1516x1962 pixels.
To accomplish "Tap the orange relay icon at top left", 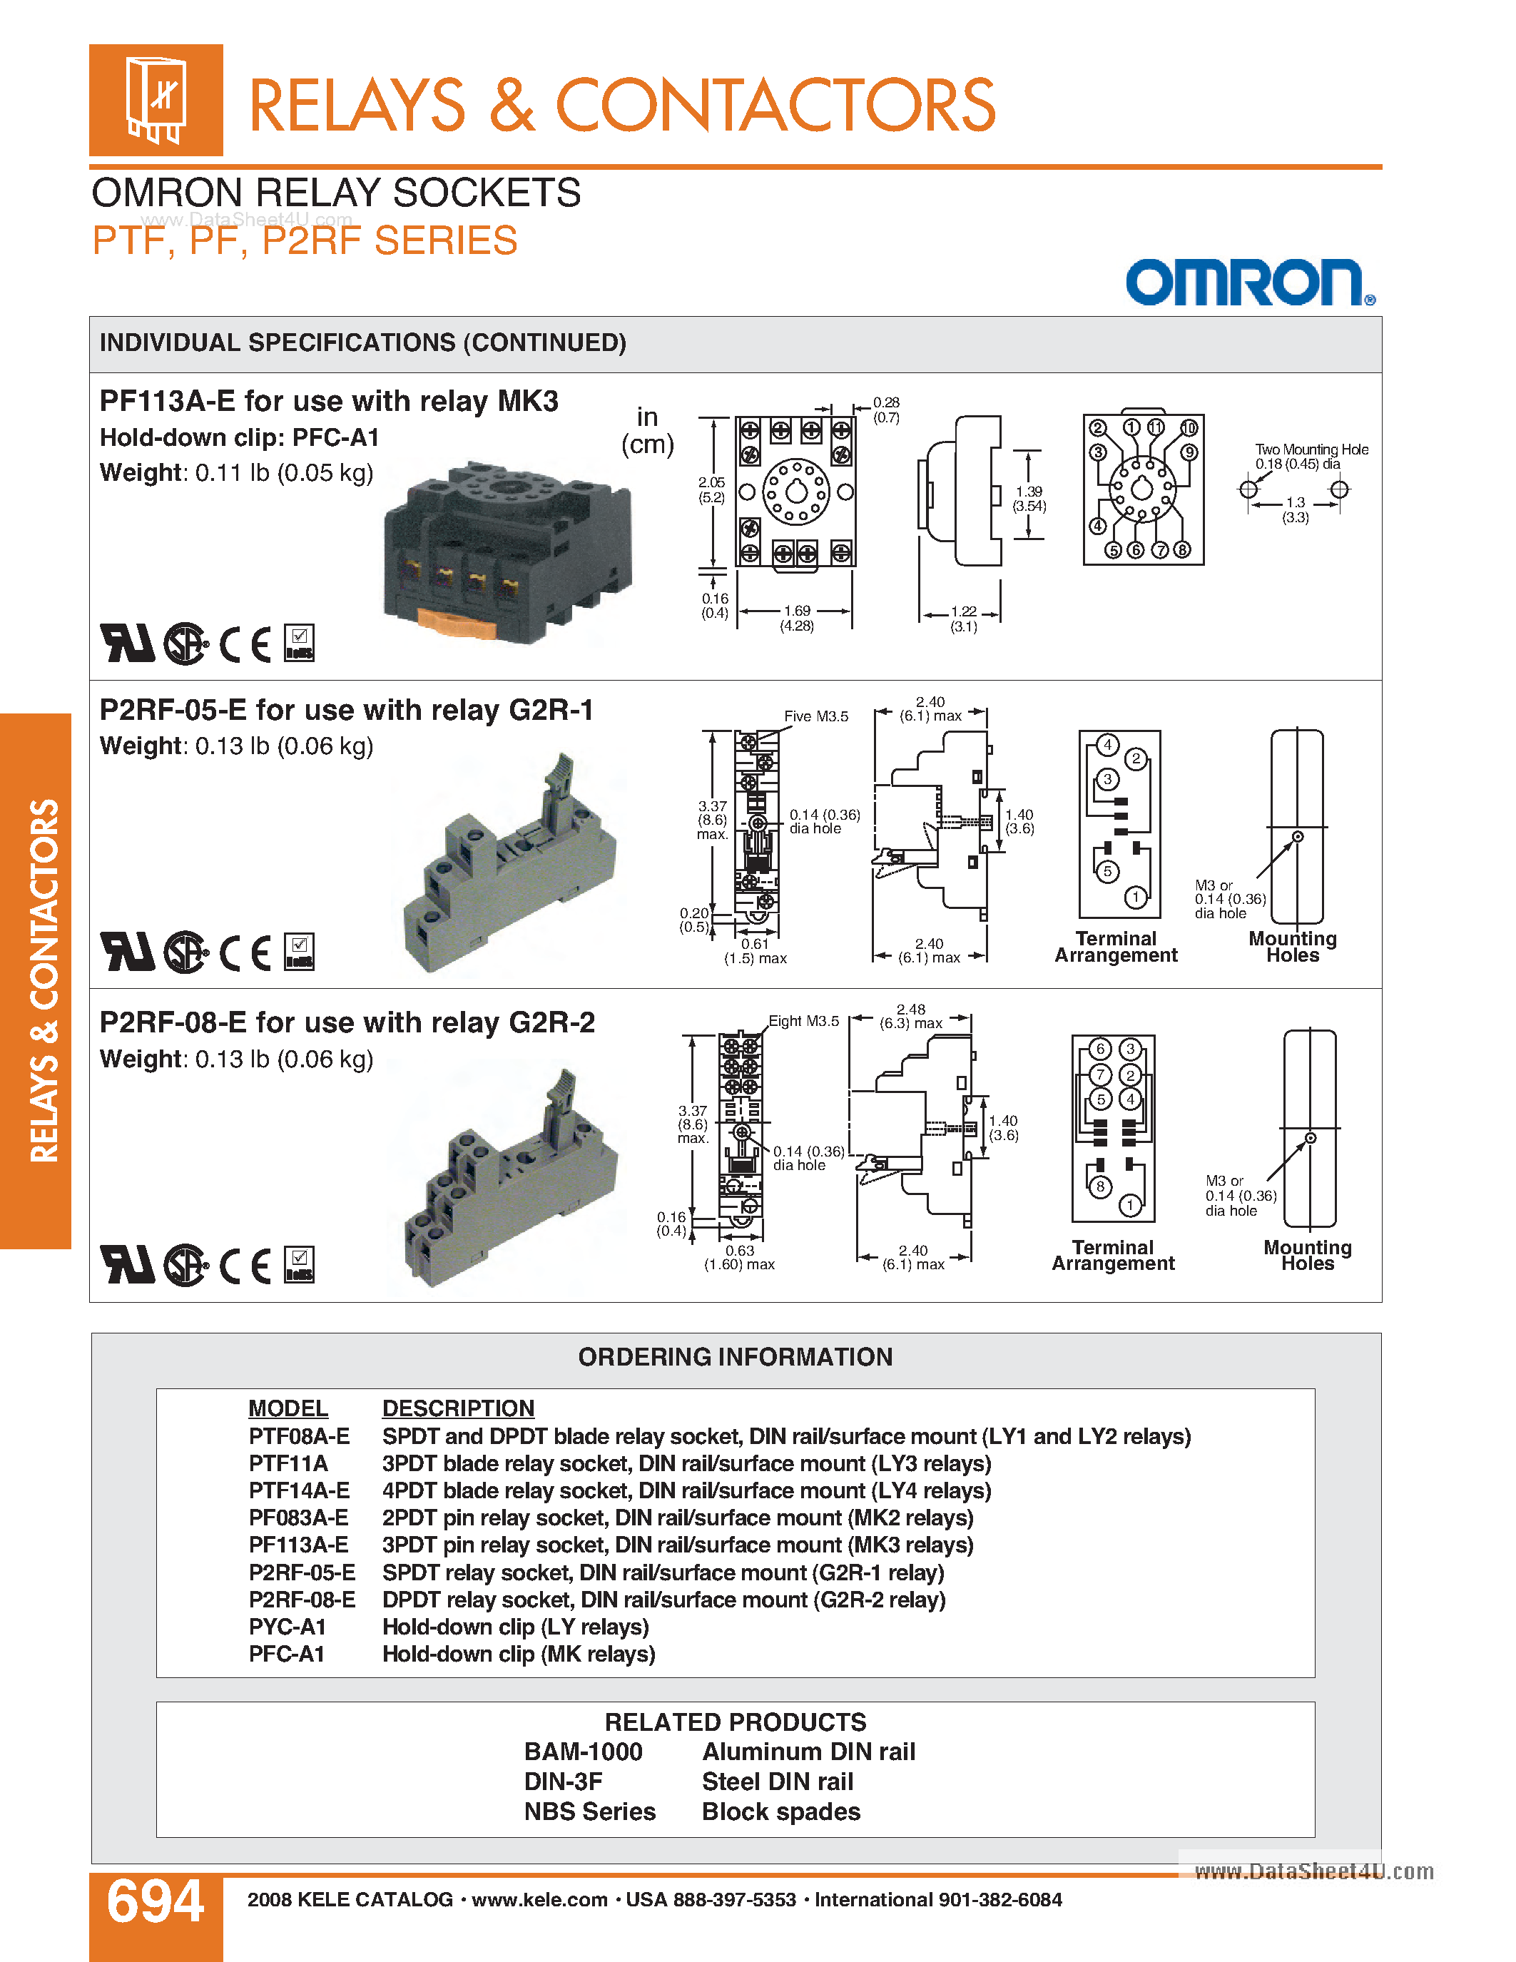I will click(x=156, y=100).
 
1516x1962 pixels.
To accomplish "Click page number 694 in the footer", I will click(x=156, y=1902).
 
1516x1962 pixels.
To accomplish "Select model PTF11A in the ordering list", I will click(x=288, y=1463).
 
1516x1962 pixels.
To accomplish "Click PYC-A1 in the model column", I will click(x=288, y=1627).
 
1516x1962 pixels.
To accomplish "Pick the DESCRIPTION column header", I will click(x=458, y=1408).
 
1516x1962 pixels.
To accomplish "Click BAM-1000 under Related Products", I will click(x=583, y=1752).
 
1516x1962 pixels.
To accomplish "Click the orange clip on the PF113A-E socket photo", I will click(x=458, y=621).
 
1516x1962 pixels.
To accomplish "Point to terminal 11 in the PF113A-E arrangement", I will click(x=1156, y=427).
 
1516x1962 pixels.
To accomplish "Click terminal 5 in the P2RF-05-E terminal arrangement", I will click(x=1107, y=870).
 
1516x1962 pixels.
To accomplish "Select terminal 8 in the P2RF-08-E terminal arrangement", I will click(x=1100, y=1186).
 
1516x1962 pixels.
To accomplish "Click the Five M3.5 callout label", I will click(x=815, y=716).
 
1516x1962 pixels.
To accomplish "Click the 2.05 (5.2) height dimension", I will click(x=711, y=489).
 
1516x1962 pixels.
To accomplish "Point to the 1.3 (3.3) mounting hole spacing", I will click(x=1295, y=509).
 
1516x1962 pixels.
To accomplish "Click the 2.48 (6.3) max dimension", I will click(x=911, y=1016).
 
